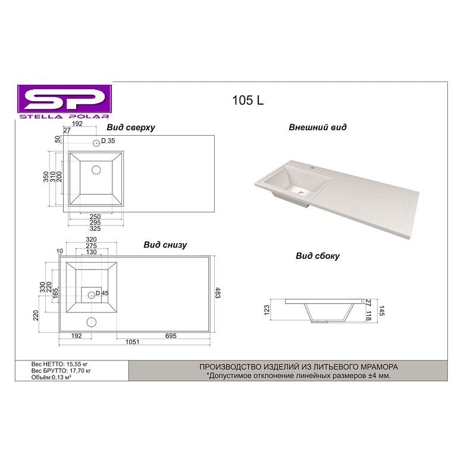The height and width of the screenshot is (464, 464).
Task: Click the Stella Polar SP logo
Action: (64, 102)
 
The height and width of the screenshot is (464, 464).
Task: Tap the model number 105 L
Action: (247, 101)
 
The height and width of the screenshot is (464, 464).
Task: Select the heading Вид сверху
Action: (131, 127)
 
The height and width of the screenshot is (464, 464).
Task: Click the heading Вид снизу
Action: (165, 244)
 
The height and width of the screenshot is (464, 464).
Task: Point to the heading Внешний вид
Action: (318, 127)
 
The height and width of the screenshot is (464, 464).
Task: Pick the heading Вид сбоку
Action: (318, 256)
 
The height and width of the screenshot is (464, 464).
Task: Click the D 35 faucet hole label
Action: (108, 140)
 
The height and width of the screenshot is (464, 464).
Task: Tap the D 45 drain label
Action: (102, 293)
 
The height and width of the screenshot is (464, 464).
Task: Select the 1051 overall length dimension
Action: (132, 342)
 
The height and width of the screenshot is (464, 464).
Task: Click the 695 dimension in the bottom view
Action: (171, 336)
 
